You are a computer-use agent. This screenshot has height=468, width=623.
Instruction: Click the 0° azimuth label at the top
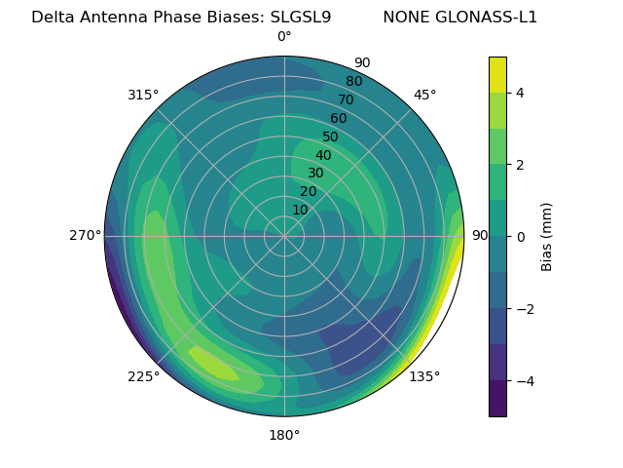click(x=284, y=37)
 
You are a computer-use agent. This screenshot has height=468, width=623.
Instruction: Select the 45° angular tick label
click(x=424, y=95)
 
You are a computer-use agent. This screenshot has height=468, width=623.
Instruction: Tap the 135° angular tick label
click(x=424, y=376)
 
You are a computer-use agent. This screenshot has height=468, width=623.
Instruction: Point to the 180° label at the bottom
click(x=284, y=435)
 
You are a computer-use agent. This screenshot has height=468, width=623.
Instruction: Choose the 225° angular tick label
click(x=143, y=376)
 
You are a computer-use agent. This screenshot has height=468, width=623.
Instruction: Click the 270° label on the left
click(x=85, y=236)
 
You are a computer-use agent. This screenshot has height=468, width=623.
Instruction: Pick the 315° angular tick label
click(x=143, y=95)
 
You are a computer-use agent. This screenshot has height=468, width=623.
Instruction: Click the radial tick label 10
click(x=300, y=210)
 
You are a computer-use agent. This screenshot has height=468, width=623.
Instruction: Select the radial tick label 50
click(x=331, y=137)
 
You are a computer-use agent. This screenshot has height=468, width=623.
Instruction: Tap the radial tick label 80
click(x=354, y=82)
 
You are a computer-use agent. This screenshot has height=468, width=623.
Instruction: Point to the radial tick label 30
click(x=315, y=174)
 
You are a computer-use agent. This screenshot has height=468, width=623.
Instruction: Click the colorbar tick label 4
click(x=520, y=93)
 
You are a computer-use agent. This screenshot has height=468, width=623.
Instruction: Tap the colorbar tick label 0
click(x=520, y=237)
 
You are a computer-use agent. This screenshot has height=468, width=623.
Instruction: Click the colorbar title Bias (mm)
click(x=547, y=237)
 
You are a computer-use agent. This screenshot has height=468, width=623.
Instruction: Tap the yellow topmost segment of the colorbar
click(x=497, y=74)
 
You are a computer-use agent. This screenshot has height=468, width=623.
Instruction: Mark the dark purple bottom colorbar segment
click(x=497, y=399)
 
